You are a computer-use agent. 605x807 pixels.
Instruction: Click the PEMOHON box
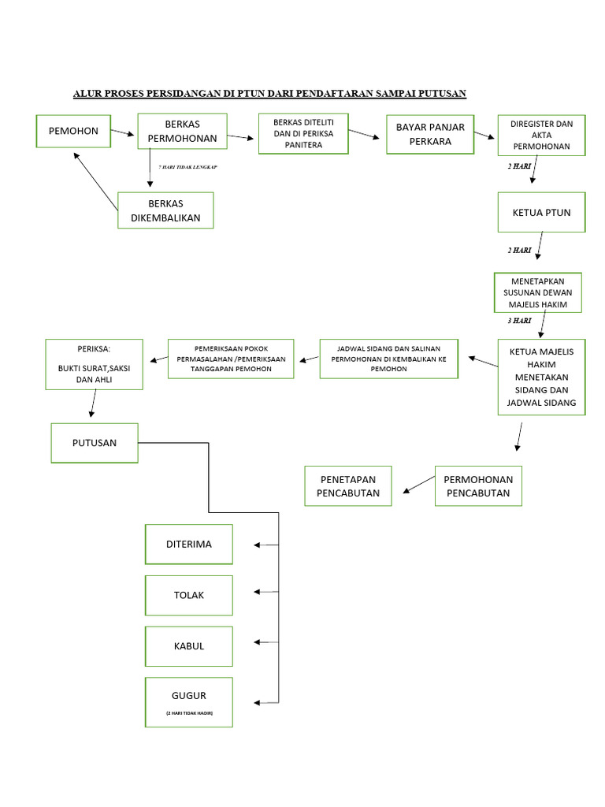pyautogui.click(x=73, y=131)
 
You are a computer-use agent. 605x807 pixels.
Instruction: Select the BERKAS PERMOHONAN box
pyautogui.click(x=182, y=132)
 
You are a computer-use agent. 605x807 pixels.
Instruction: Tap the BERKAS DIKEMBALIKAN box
pyautogui.click(x=165, y=210)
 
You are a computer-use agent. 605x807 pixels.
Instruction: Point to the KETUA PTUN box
pyautogui.click(x=541, y=213)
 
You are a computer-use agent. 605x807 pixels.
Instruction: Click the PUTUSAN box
pyautogui.click(x=95, y=443)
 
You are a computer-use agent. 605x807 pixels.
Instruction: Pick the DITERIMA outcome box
pyautogui.click(x=189, y=545)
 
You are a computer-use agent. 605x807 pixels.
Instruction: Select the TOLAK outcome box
pyautogui.click(x=189, y=595)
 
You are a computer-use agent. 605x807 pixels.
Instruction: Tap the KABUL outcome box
pyautogui.click(x=189, y=646)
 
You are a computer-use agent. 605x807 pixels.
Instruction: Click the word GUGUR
pyautogui.click(x=189, y=696)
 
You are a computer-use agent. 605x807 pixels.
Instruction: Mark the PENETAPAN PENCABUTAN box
pyautogui.click(x=348, y=486)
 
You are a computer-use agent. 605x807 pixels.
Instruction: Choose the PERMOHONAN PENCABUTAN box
pyautogui.click(x=478, y=486)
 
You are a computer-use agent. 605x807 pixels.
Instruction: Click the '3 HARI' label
pyautogui.click(x=519, y=321)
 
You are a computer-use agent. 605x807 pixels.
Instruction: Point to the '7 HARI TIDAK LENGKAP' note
pyautogui.click(x=187, y=168)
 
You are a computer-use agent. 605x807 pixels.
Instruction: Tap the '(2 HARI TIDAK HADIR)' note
pyautogui.click(x=189, y=712)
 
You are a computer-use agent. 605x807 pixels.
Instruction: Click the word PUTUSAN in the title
pyautogui.click(x=441, y=94)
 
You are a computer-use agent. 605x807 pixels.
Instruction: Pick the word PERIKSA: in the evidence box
pyautogui.click(x=94, y=349)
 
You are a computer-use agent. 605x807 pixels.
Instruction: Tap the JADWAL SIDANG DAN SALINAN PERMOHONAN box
pyautogui.click(x=388, y=359)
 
